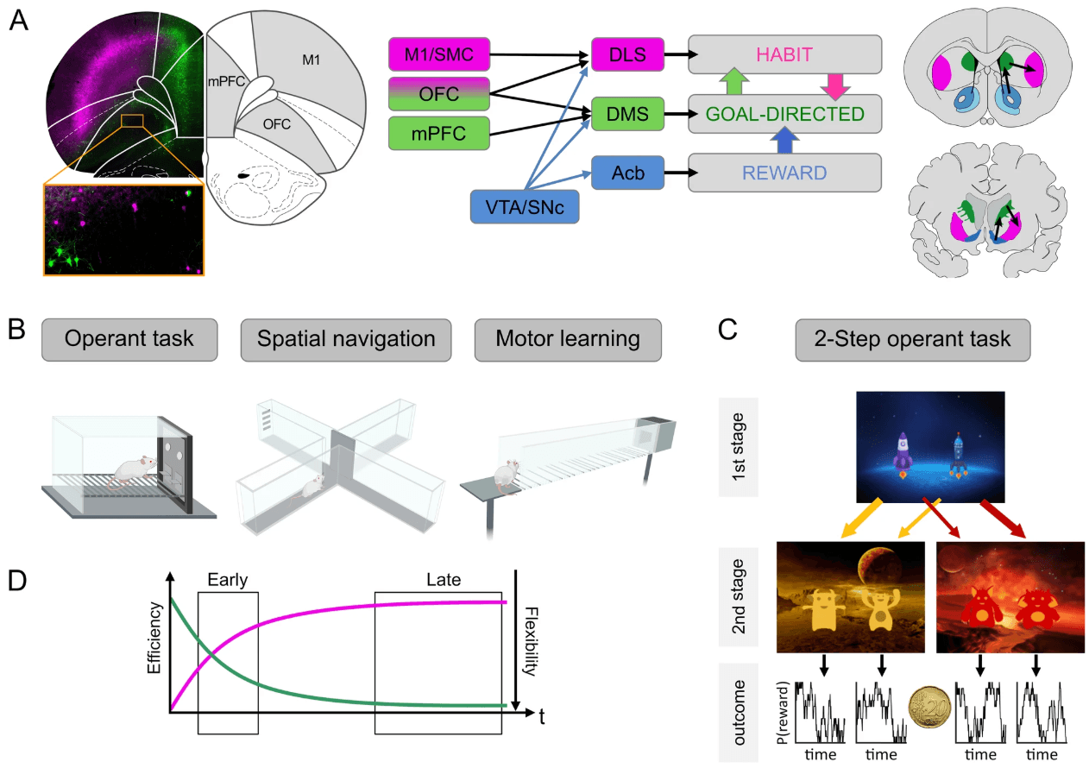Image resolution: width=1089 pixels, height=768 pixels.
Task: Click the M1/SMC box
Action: click(x=439, y=55)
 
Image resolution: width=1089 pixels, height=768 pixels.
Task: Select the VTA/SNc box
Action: click(x=525, y=207)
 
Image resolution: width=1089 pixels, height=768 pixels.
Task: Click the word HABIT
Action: click(x=784, y=54)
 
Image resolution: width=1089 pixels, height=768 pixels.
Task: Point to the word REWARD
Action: click(x=784, y=173)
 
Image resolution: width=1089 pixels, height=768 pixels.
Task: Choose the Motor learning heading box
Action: click(x=567, y=338)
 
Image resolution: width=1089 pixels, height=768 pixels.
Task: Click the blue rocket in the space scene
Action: click(x=956, y=455)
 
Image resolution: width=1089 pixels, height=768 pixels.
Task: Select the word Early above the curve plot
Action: click(x=228, y=581)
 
